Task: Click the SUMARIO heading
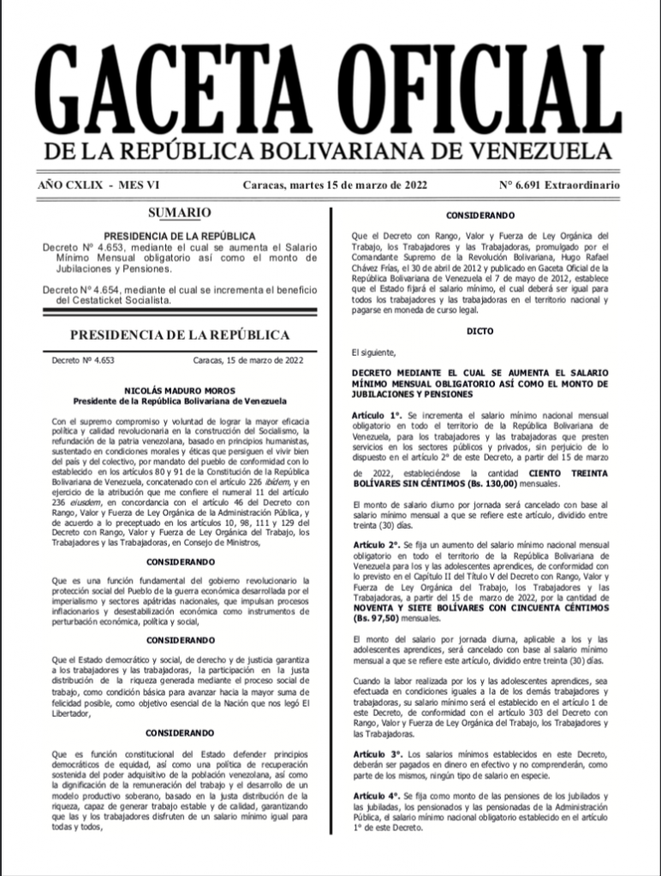[x=179, y=212]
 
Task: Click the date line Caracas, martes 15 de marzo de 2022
[x=335, y=185]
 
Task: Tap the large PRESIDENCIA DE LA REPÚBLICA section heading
[x=179, y=335]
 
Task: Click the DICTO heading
[x=479, y=330]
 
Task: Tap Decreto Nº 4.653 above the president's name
[x=83, y=361]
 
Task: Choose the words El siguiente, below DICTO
[x=374, y=352]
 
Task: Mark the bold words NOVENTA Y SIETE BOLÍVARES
[x=420, y=607]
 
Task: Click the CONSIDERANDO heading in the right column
[x=479, y=216]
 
